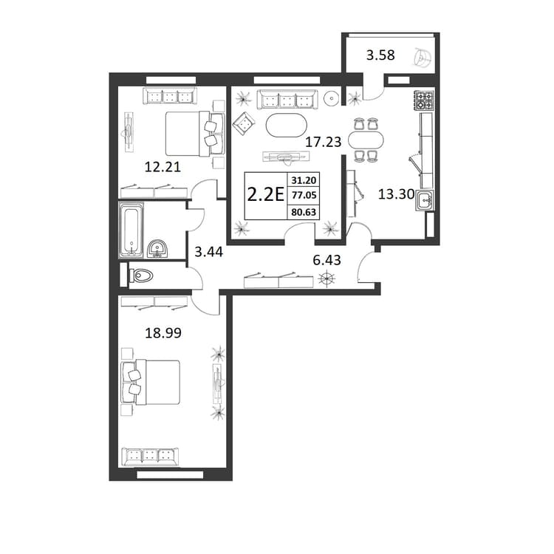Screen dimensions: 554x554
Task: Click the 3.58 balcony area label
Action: click(x=380, y=55)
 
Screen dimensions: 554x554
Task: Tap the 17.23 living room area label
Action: click(x=324, y=142)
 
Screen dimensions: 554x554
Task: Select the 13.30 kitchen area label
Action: click(x=396, y=194)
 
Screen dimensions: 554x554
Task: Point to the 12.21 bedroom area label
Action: click(x=163, y=167)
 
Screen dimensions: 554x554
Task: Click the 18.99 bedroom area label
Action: click(x=163, y=333)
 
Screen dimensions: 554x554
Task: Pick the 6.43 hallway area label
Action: click(x=326, y=260)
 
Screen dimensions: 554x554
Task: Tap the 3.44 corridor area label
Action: click(x=209, y=252)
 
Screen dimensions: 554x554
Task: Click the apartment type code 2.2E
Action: click(x=266, y=194)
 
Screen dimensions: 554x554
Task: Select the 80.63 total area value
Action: click(x=304, y=212)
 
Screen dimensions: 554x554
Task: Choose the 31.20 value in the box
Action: click(x=304, y=180)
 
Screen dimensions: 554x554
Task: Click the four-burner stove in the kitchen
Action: click(x=424, y=100)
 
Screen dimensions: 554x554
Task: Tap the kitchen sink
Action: click(x=425, y=201)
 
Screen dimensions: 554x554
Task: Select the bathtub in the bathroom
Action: click(x=131, y=229)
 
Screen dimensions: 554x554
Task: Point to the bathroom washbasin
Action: click(x=157, y=248)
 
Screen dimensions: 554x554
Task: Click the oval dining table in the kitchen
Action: click(x=366, y=140)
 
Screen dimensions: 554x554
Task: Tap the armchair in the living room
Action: click(x=244, y=123)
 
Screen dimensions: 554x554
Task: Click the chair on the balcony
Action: click(x=423, y=58)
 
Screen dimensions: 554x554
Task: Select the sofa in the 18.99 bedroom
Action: click(x=150, y=456)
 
